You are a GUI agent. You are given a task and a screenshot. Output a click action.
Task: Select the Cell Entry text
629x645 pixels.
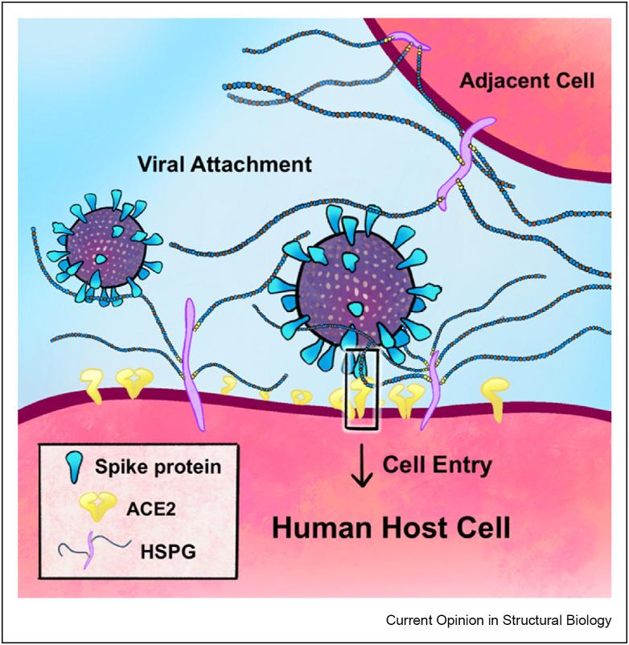tap(436, 464)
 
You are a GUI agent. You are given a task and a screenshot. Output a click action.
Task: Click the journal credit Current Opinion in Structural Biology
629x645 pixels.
tap(499, 620)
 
